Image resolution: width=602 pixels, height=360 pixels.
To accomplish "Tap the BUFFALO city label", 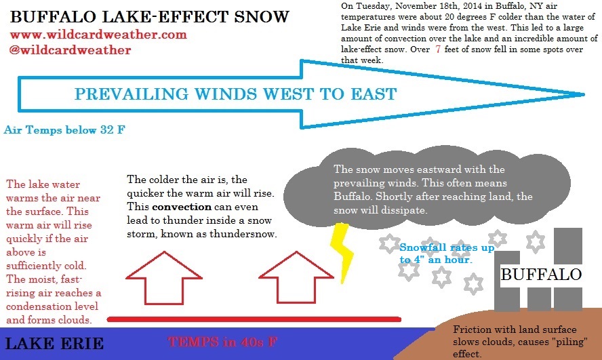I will pyautogui.click(x=541, y=275).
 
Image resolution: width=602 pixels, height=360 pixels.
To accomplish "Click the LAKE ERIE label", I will pyautogui.click(x=54, y=344).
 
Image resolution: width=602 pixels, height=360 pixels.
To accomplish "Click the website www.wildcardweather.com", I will pyautogui.click(x=98, y=35).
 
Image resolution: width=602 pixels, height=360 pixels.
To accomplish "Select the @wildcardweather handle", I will pyautogui.click(x=71, y=49).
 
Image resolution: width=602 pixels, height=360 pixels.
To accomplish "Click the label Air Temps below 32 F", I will pyautogui.click(x=64, y=129).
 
